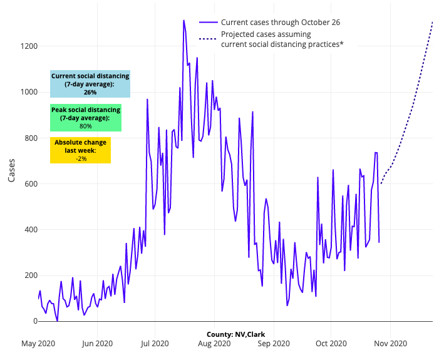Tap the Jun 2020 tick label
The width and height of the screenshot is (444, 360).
[96, 343]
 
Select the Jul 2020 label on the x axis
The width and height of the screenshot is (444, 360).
[154, 343]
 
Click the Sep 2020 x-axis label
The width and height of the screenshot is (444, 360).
[273, 343]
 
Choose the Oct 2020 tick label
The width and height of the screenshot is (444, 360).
[331, 343]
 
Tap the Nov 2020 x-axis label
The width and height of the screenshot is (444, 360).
[390, 343]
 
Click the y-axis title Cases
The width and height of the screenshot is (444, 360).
[12, 169]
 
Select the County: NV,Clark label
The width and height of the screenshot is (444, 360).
[235, 334]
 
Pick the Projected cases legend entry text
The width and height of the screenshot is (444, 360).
[282, 39]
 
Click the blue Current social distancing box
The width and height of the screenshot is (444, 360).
[90, 84]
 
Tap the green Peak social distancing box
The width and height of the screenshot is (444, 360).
[86, 118]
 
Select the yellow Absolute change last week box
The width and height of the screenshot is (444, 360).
[81, 150]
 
